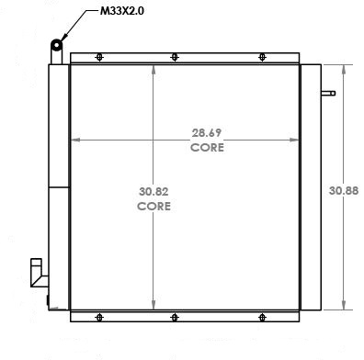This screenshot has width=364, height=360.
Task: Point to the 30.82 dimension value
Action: point(154,192)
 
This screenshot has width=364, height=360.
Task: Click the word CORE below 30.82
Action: point(154,207)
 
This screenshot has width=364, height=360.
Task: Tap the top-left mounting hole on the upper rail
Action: point(99,59)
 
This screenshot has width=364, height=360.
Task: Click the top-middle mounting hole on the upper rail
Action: point(174,59)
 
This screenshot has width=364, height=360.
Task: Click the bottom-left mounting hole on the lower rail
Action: point(99,318)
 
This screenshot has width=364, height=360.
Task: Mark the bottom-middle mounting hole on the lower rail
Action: point(174,318)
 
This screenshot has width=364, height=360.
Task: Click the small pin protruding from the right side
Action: point(327,93)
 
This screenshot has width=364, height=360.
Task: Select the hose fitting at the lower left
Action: point(37,273)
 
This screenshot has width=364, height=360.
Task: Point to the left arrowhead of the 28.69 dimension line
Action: point(76,140)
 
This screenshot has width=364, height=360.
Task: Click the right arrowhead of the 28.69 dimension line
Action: point(296,140)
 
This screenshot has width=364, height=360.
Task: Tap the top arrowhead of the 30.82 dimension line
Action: point(154,73)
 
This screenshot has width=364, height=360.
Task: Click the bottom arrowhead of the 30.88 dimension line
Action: point(344,309)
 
